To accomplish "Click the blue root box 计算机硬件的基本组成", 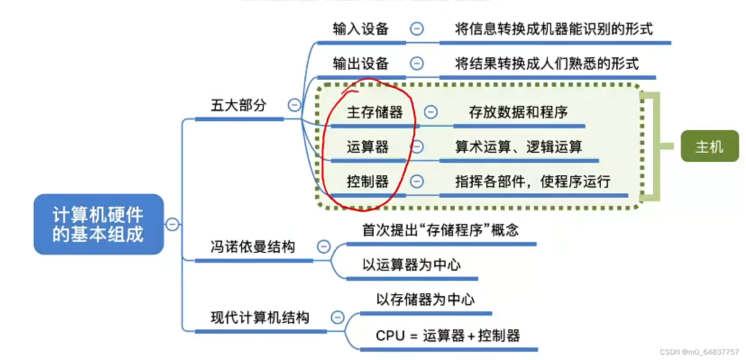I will pyautogui.click(x=98, y=224).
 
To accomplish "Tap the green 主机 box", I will pyautogui.click(x=709, y=146).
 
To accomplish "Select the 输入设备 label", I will pyautogui.click(x=361, y=29).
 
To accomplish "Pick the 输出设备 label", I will pyautogui.click(x=361, y=64).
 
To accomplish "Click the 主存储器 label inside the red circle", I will pyautogui.click(x=375, y=112).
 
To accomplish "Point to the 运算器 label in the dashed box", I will pyautogui.click(x=367, y=147).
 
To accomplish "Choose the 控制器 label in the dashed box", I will pyautogui.click(x=367, y=182).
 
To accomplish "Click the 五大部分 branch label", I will pyautogui.click(x=238, y=105).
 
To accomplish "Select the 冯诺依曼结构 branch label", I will pyautogui.click(x=252, y=246).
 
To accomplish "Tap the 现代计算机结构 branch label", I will pyautogui.click(x=260, y=318).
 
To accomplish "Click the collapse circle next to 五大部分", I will pyautogui.click(x=294, y=105).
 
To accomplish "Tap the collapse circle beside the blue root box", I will pyautogui.click(x=172, y=224).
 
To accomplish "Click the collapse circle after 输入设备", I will pyautogui.click(x=416, y=29).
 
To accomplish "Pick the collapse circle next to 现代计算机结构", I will pyautogui.click(x=338, y=318).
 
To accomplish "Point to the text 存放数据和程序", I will pyautogui.click(x=518, y=112).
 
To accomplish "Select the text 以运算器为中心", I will pyautogui.click(x=412, y=264).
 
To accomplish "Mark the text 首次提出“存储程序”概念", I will pyautogui.click(x=440, y=230).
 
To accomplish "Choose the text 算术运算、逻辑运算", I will pyautogui.click(x=518, y=147).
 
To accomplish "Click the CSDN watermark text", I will pyautogui.click(x=699, y=352).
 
